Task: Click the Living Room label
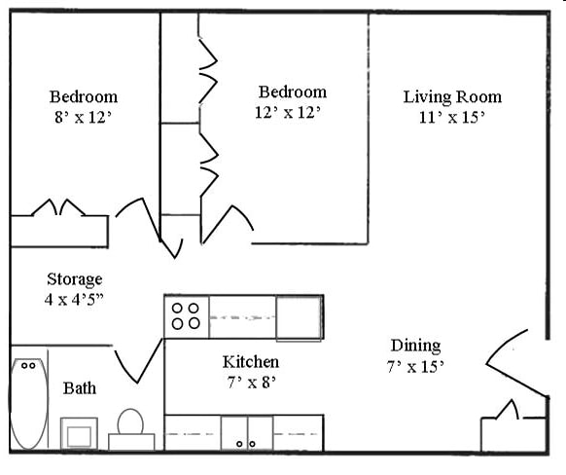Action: click(x=452, y=96)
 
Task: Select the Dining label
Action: click(x=415, y=346)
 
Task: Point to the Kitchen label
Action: click(x=251, y=362)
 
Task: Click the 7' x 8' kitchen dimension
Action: click(x=251, y=382)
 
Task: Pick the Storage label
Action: click(x=74, y=279)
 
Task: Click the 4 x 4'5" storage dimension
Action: click(x=74, y=299)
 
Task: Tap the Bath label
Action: click(x=80, y=388)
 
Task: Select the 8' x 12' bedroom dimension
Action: click(x=84, y=116)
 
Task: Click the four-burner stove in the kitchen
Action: click(x=186, y=316)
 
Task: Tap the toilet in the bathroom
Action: click(x=130, y=429)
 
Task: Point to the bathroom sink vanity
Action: click(x=79, y=432)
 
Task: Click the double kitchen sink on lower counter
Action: click(x=246, y=433)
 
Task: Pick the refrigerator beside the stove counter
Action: click(x=299, y=317)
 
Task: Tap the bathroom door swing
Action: click(x=139, y=362)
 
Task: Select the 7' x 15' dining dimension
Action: click(x=415, y=366)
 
